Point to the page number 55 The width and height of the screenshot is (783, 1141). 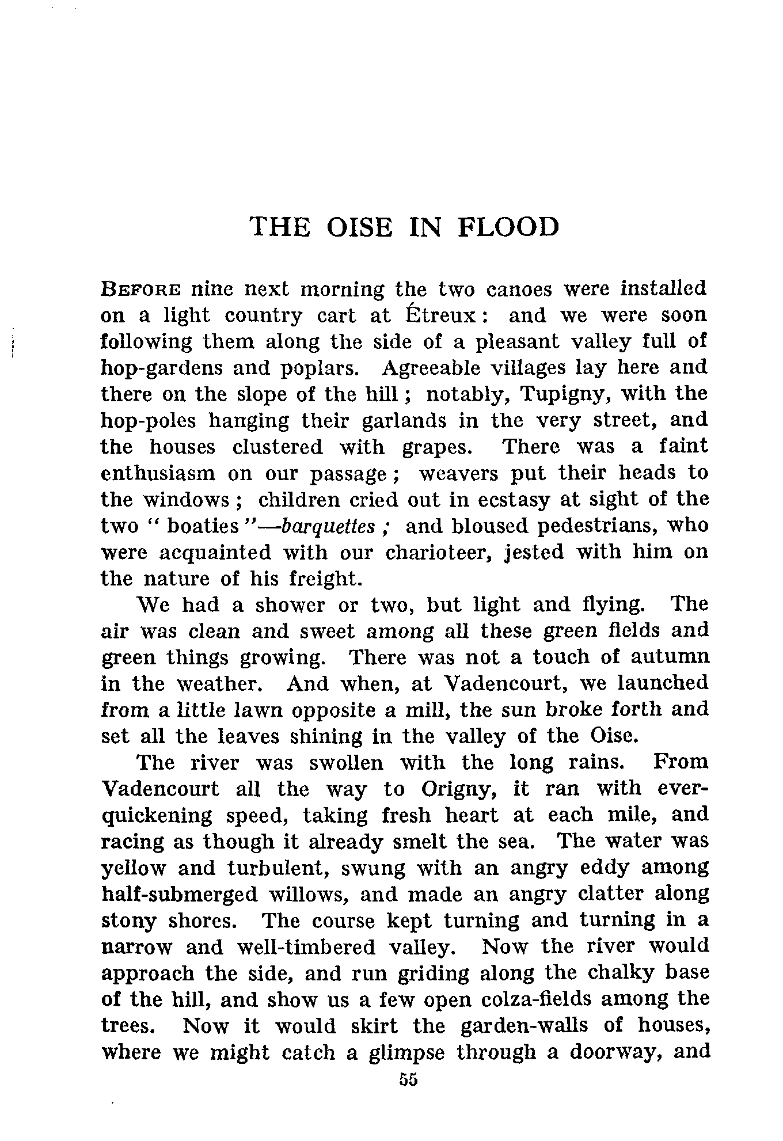[407, 1080]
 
